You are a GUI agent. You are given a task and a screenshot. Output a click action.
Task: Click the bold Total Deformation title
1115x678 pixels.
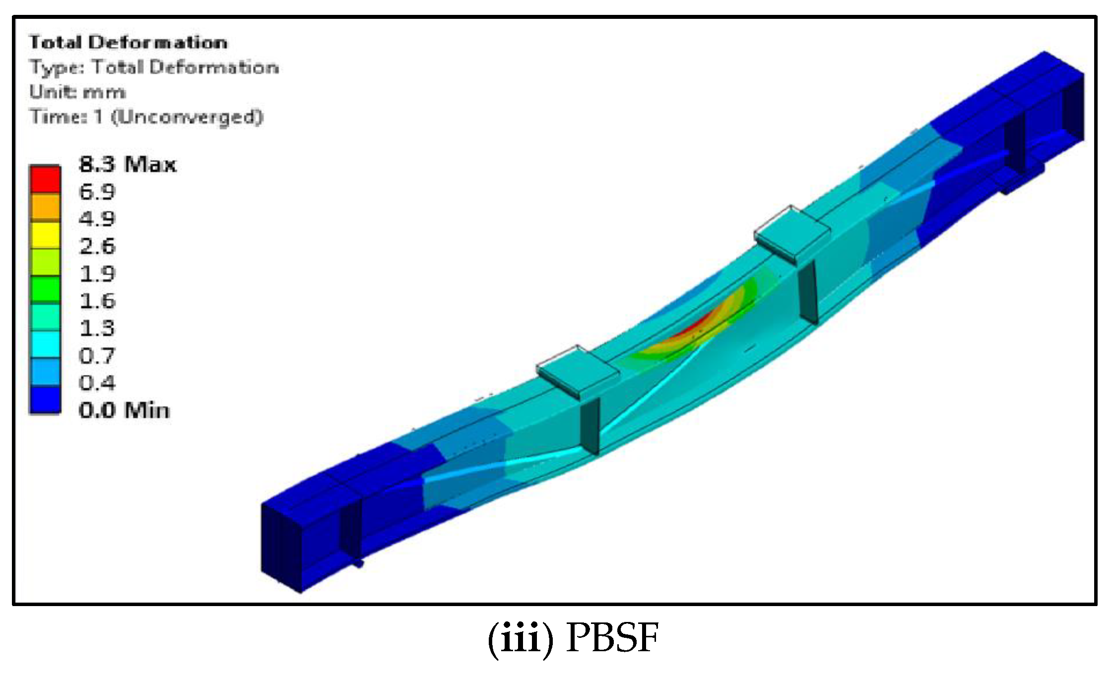(x=128, y=42)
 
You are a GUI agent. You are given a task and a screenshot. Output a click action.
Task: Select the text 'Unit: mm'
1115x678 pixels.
(x=77, y=92)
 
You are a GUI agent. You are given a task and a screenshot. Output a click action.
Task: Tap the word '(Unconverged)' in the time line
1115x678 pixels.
(x=187, y=117)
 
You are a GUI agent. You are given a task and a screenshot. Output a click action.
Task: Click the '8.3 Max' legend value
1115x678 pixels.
(x=128, y=164)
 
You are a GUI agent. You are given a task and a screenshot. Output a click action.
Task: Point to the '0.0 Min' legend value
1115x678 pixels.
(x=124, y=410)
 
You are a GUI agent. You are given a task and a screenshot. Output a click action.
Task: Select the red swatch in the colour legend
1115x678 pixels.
(x=45, y=179)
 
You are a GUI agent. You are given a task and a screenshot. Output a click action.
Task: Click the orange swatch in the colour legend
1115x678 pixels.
(x=45, y=207)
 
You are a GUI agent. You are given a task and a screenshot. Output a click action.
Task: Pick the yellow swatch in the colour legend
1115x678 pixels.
(x=45, y=235)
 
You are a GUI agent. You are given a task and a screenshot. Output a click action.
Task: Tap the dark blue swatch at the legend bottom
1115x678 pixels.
(x=45, y=400)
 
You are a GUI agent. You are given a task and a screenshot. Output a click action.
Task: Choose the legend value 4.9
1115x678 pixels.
(x=97, y=219)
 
